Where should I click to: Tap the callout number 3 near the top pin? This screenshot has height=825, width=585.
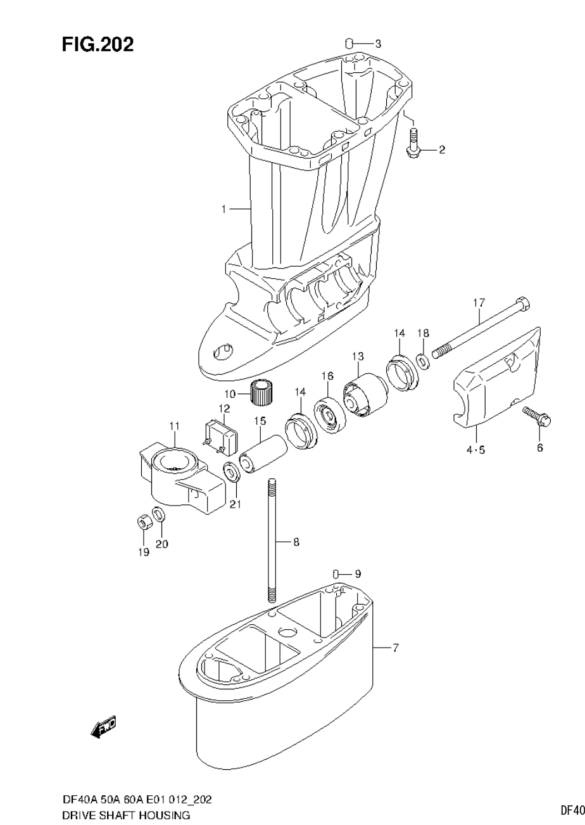[378, 44]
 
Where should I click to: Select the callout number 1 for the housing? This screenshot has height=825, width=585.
[223, 208]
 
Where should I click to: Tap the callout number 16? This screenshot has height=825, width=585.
[327, 376]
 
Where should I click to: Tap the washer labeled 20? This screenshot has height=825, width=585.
[160, 513]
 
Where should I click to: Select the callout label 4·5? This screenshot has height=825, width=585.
[475, 451]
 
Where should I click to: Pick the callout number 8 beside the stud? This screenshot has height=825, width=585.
[296, 542]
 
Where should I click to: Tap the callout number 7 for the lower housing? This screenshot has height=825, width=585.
[395, 648]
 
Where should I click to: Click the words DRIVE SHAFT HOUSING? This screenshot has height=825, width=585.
[126, 815]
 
